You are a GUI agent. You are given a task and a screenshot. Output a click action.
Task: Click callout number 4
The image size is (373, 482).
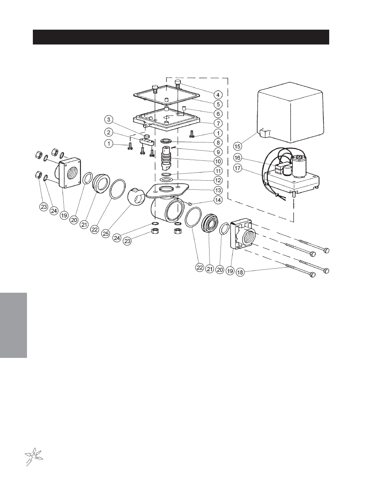tap(218, 94)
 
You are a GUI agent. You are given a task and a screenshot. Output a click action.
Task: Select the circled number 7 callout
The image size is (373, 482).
tap(218, 123)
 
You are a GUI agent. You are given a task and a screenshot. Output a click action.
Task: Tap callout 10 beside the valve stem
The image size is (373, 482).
tap(218, 161)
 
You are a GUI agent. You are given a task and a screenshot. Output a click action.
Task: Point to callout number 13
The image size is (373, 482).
tap(218, 190)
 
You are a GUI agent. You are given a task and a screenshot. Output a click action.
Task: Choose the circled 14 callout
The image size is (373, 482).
tap(218, 200)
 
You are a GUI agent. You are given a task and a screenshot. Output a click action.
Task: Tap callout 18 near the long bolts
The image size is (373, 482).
tap(240, 272)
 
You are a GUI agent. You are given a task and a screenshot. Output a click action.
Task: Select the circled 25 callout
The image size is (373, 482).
tap(106, 233)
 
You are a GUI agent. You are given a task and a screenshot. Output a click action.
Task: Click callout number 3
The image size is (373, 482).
tap(109, 120)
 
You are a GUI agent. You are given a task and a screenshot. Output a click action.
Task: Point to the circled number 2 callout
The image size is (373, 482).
tap(109, 132)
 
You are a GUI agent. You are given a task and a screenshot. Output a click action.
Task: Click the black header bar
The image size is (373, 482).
tap(181, 37)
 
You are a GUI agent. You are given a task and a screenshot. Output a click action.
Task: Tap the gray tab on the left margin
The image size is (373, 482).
tap(14, 325)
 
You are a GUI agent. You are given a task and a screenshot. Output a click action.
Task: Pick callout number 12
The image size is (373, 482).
tap(218, 180)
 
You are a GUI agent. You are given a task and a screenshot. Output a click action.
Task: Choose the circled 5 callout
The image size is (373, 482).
tap(218, 104)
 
